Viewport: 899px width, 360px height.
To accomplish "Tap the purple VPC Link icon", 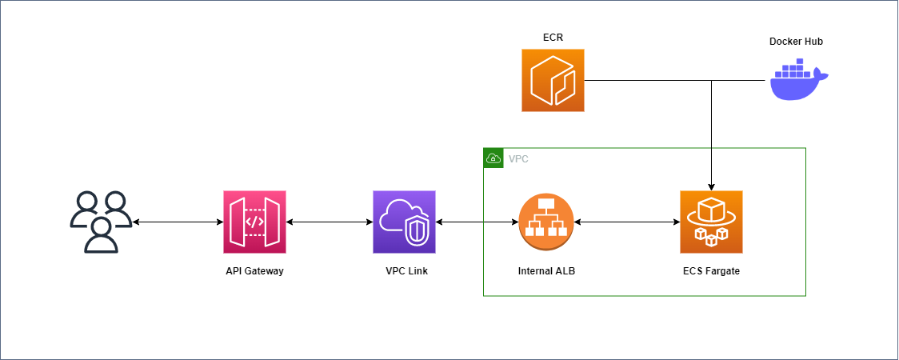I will coord(405,222).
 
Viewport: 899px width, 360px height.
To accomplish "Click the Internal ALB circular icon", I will coord(546,222).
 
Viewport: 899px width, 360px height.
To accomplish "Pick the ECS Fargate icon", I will coord(711,222).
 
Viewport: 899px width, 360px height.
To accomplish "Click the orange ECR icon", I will coord(553,80).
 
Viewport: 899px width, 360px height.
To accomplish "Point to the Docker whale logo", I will coord(798,82).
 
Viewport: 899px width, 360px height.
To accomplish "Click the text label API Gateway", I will coord(254,271).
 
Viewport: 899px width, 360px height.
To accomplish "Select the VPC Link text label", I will coord(406,271).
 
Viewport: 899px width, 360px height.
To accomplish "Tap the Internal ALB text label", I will coord(546,271).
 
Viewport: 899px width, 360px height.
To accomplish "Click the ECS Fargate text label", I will coord(711,271).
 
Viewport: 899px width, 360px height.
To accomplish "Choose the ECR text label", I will coord(553,37).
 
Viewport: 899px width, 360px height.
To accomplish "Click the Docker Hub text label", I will coord(795,42).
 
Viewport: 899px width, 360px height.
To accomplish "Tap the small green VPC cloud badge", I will coord(493,158).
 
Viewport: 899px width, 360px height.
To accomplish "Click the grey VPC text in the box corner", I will coord(518,159).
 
